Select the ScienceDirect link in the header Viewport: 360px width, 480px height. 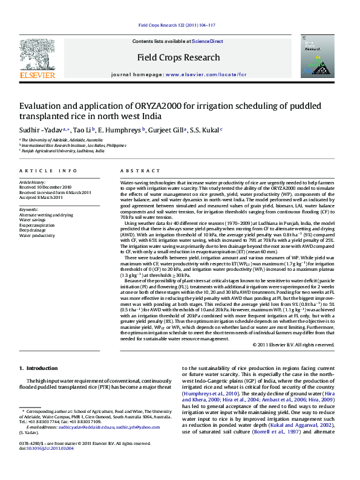pyautogui.click(x=208, y=41)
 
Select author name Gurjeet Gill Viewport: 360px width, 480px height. pyautogui.click(x=165, y=129)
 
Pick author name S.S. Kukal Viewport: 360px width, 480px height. pyautogui.click(x=205, y=129)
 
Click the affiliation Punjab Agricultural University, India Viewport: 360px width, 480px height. pyautogui.click(x=63, y=151)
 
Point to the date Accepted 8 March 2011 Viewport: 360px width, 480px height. pyautogui.click(x=46, y=197)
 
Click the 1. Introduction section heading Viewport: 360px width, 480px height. pyautogui.click(x=38, y=368)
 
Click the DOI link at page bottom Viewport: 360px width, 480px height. pyautogui.click(x=53, y=465)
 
